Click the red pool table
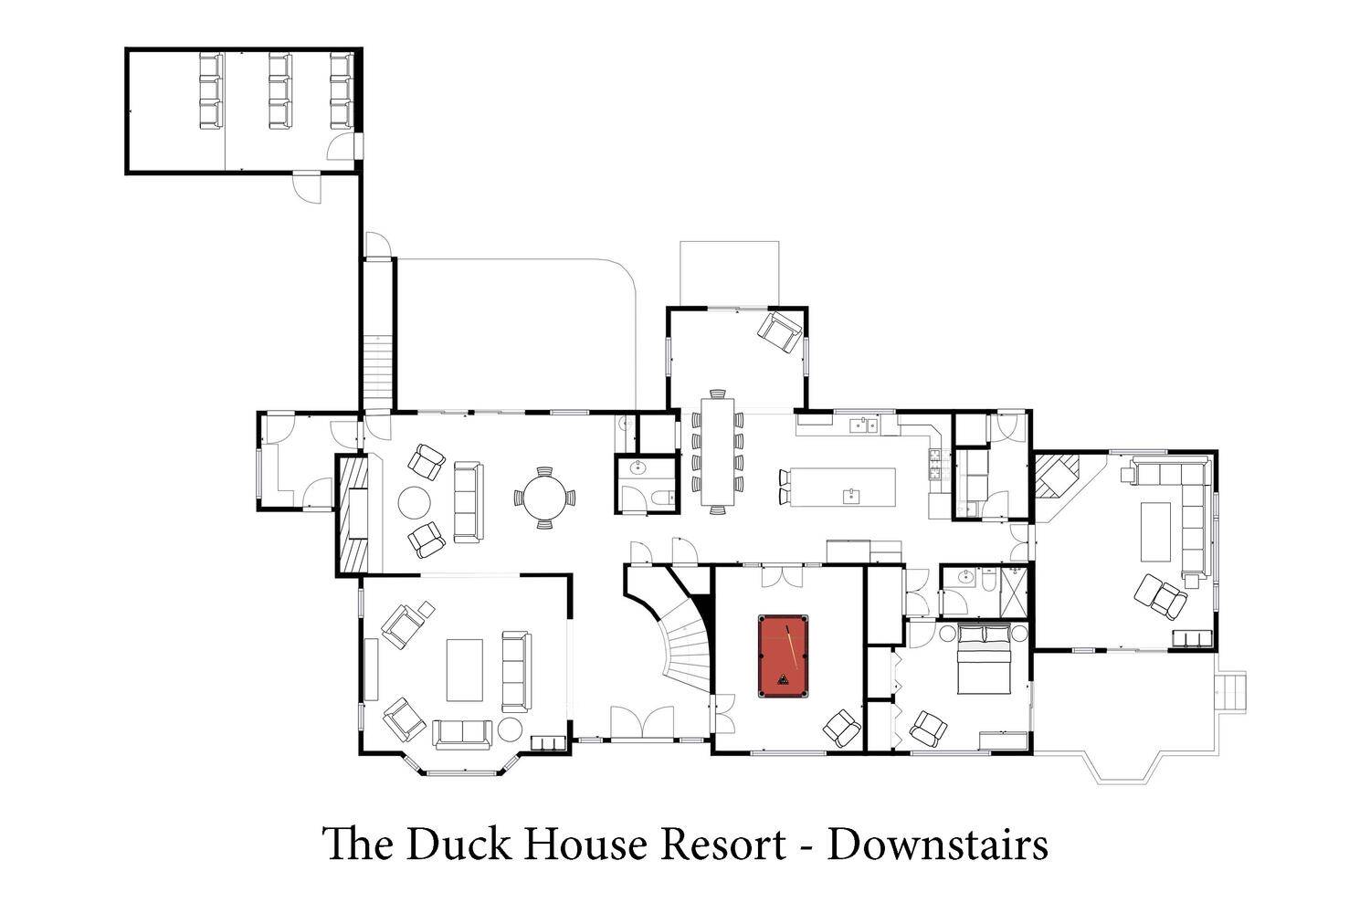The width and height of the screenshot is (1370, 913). pyautogui.click(x=783, y=656)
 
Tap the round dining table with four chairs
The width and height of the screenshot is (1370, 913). pyautogui.click(x=544, y=498)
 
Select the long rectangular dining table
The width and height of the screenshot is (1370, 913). pyautogui.click(x=717, y=451)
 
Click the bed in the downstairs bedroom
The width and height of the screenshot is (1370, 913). pyautogui.click(x=983, y=658)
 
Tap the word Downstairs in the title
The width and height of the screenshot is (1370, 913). pyautogui.click(x=938, y=845)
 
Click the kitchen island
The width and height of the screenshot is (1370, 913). pyautogui.click(x=843, y=488)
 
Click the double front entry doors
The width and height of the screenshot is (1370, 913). pyautogui.click(x=642, y=723)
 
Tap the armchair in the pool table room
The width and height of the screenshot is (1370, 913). pyautogui.click(x=842, y=728)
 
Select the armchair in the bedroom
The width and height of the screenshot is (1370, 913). pyautogui.click(x=929, y=729)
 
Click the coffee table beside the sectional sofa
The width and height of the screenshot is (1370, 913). pyautogui.click(x=1156, y=531)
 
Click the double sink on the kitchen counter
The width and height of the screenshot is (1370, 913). pyautogui.click(x=864, y=425)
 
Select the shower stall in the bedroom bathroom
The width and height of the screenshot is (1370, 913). pyautogui.click(x=1015, y=592)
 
